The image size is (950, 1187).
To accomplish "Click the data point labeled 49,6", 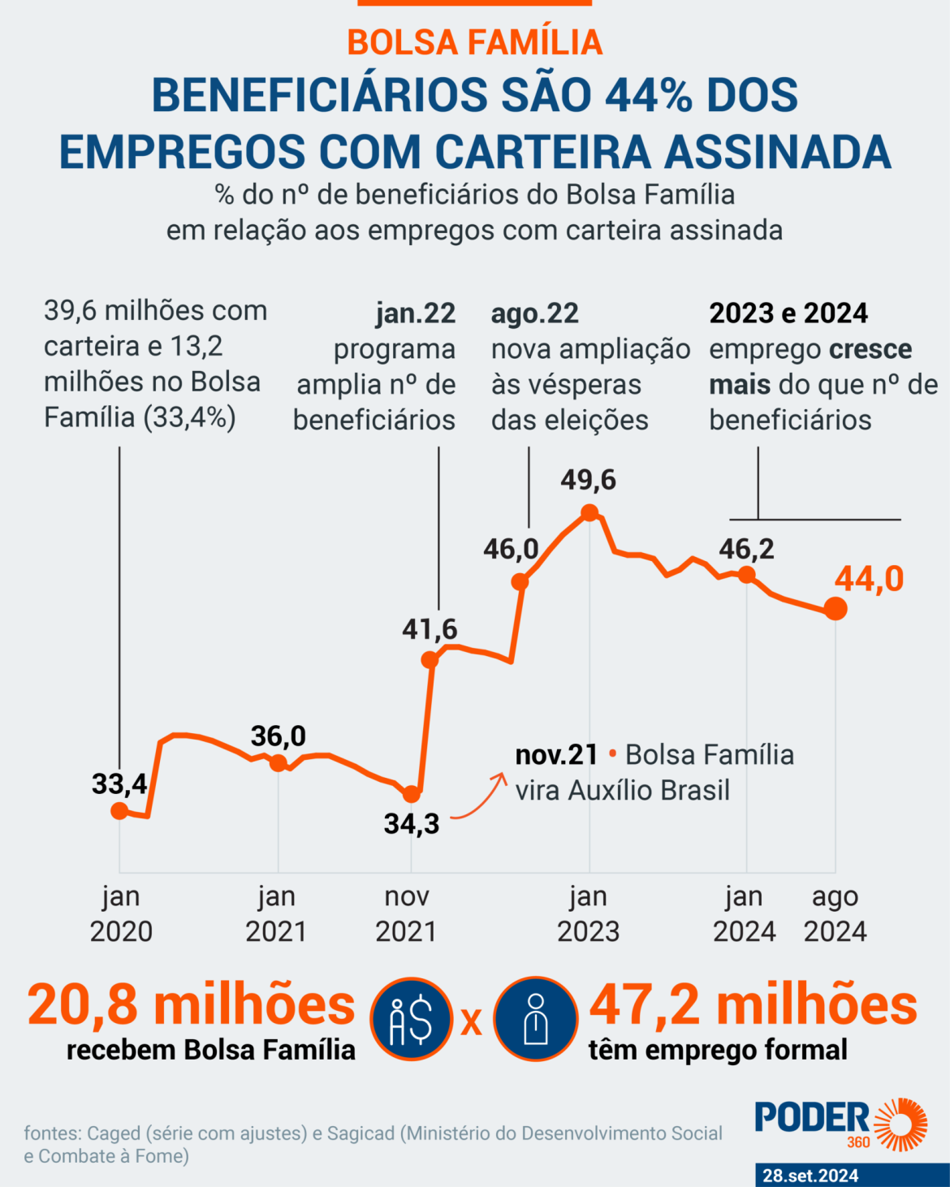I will point(590,512).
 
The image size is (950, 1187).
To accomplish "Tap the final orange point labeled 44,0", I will point(836,608).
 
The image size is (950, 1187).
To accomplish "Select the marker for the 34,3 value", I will point(412,794).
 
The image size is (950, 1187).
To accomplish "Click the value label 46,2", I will point(746,550).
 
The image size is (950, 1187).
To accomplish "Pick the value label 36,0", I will point(279,736).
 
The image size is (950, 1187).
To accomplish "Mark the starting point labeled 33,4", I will point(119,810).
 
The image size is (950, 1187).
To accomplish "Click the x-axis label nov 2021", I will point(406,914).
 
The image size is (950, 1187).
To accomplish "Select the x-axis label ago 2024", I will point(836,914).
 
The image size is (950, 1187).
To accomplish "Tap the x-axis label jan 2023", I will point(589,914).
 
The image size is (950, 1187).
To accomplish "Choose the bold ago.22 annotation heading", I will point(535,313).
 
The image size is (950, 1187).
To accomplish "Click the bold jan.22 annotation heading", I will point(415,313).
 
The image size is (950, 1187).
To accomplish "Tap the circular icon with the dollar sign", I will point(412,1019).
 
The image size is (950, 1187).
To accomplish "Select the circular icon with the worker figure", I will point(536,1019).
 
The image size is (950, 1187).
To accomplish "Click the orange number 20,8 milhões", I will point(192,1005).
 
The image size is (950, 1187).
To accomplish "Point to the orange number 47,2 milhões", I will point(753,1005).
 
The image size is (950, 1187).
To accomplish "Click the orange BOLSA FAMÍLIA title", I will point(475,42).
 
